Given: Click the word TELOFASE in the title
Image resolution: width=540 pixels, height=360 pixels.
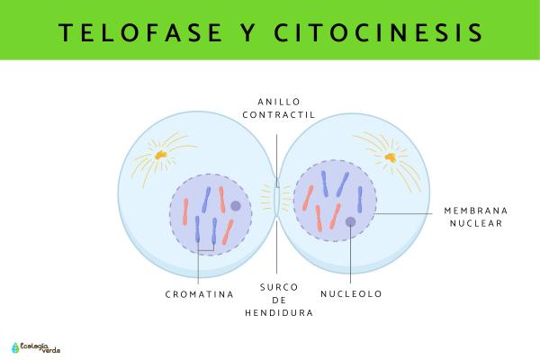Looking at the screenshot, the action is click(x=140, y=32).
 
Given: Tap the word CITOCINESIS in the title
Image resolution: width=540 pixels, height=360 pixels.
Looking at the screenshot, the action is click(x=379, y=32).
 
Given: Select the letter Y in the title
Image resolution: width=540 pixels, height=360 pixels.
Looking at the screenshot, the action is click(x=248, y=32).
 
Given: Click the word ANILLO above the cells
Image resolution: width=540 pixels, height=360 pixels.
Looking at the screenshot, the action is click(x=279, y=102).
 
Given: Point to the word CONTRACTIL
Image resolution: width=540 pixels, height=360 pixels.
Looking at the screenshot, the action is click(x=279, y=114).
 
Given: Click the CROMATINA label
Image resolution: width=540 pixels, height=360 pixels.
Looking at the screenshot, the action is click(x=200, y=294).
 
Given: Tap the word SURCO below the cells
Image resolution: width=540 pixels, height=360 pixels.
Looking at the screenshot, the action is click(x=279, y=287).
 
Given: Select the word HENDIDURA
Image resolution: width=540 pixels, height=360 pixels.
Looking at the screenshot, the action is click(x=279, y=313).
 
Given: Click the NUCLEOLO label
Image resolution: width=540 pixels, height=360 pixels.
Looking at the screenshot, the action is click(x=351, y=294).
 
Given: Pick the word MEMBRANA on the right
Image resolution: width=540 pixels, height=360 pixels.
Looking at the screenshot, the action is click(x=476, y=211).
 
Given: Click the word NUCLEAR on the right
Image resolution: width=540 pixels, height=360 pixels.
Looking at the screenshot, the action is click(x=476, y=223).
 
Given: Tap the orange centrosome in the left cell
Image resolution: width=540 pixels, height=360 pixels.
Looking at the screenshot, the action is click(x=160, y=155).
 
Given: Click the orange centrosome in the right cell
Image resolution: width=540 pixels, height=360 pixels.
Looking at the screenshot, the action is click(x=391, y=157).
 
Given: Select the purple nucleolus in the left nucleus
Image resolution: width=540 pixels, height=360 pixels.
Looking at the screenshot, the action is click(x=236, y=206).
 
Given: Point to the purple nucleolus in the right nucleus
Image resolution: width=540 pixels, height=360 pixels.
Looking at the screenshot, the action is click(x=351, y=222).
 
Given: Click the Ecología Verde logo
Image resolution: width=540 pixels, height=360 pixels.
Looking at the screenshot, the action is click(x=36, y=347).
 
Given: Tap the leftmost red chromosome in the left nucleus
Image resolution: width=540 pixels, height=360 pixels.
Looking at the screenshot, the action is click(x=185, y=211).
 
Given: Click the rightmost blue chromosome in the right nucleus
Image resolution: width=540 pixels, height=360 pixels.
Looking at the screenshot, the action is click(x=360, y=200).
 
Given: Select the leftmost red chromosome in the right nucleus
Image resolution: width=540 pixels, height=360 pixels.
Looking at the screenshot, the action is click(x=308, y=198).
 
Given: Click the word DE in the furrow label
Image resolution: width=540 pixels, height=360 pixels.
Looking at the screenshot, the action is click(x=279, y=300).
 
